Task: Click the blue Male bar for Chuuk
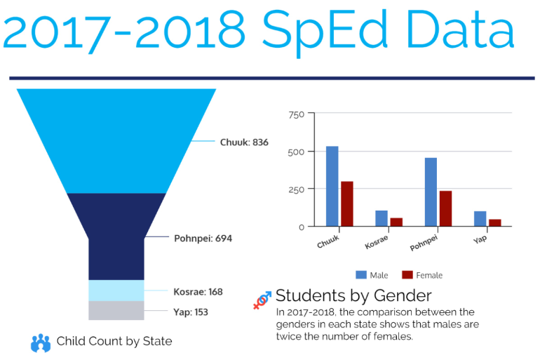point(332,186)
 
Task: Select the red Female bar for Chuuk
point(346,204)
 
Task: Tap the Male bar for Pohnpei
point(431,192)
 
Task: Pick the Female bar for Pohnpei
point(445,208)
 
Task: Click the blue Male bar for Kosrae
point(381,218)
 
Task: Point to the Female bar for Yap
point(495,222)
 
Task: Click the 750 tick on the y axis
point(297,114)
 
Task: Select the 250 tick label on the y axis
point(297,189)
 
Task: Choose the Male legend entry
point(370,275)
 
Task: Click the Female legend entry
point(422,275)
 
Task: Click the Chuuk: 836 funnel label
point(244,142)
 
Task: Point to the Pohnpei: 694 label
point(203,238)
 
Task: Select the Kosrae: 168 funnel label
point(198,291)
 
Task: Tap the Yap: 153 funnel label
point(191,312)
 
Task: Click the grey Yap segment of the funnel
point(116,310)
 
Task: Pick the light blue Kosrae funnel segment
point(116,290)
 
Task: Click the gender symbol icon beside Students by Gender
point(262,300)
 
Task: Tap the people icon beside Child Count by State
point(41,342)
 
